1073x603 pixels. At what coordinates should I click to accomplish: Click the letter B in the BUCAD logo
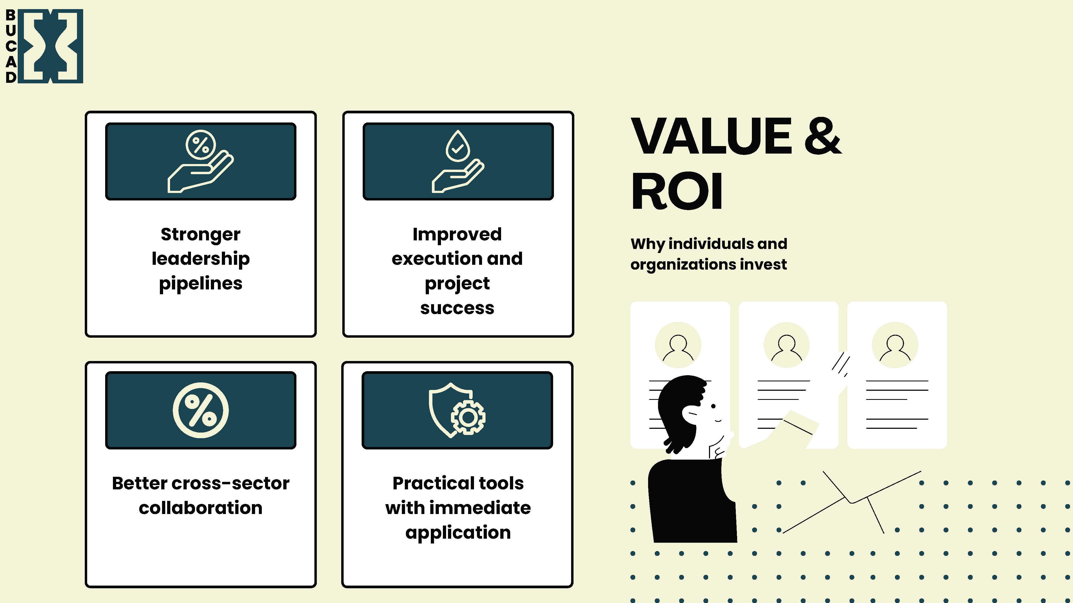(x=11, y=15)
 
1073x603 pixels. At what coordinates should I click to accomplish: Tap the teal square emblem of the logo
(x=50, y=46)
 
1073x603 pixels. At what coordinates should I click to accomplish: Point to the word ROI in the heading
(x=677, y=192)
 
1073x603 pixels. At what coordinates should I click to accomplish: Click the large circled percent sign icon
(x=200, y=410)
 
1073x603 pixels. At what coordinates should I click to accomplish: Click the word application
(x=458, y=533)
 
